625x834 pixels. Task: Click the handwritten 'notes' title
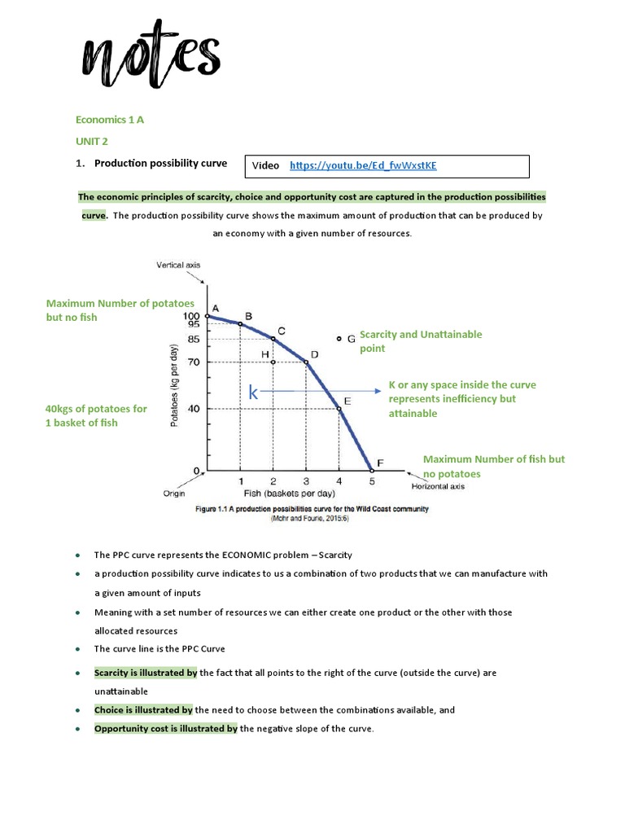pyautogui.click(x=150, y=58)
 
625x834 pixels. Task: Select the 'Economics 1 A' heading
pyautogui.click(x=109, y=119)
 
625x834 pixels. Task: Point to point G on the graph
pyautogui.click(x=340, y=338)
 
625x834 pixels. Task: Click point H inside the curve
pyautogui.click(x=273, y=362)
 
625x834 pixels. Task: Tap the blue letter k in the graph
pyautogui.click(x=254, y=393)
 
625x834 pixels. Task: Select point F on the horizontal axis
pyautogui.click(x=373, y=470)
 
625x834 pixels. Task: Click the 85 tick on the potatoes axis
pyautogui.click(x=193, y=339)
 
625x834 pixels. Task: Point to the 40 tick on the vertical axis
pyautogui.click(x=194, y=409)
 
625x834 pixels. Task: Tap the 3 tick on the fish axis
pyautogui.click(x=306, y=481)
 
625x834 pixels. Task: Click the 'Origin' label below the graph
pyautogui.click(x=173, y=494)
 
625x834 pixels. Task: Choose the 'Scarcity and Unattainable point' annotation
pyautogui.click(x=420, y=341)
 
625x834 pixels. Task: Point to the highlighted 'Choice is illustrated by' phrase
pyautogui.click(x=143, y=710)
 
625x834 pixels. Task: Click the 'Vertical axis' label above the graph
pyautogui.click(x=177, y=265)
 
